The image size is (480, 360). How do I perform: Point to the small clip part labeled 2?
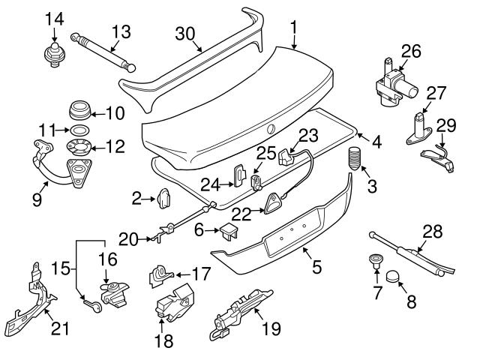(x=164, y=198)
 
